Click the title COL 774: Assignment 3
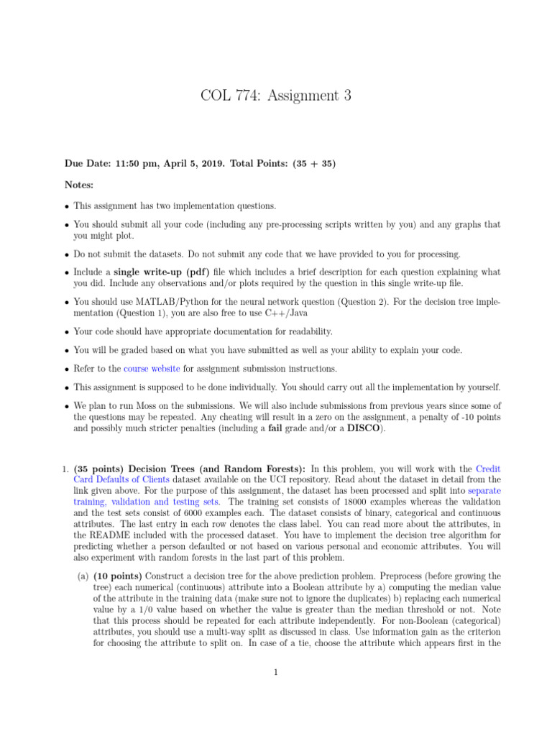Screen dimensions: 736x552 click(x=276, y=95)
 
